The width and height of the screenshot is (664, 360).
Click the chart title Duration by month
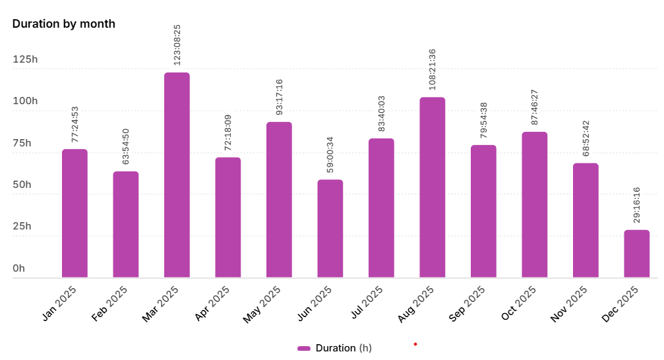pyautogui.click(x=64, y=24)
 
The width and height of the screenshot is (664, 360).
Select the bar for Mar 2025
pyautogui.click(x=177, y=175)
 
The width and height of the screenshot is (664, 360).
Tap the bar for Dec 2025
pyautogui.click(x=636, y=254)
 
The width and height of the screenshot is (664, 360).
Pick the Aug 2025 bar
pyautogui.click(x=432, y=187)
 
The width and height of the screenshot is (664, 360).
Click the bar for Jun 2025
pyautogui.click(x=330, y=228)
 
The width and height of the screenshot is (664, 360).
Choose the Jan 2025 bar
pyautogui.click(x=75, y=213)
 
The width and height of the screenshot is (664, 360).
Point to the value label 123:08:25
pyautogui.click(x=177, y=45)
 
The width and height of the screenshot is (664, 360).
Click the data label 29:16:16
pyautogui.click(x=636, y=206)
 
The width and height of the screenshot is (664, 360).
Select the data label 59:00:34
pyautogui.click(x=330, y=155)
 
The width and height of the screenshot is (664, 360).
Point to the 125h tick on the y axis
pyautogui.click(x=26, y=60)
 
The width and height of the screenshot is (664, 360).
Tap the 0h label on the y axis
pyautogui.click(x=18, y=268)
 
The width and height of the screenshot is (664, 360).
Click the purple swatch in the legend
pyautogui.click(x=304, y=348)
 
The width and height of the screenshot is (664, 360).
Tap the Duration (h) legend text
pyautogui.click(x=344, y=348)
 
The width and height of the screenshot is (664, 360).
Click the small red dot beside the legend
pyautogui.click(x=415, y=344)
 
